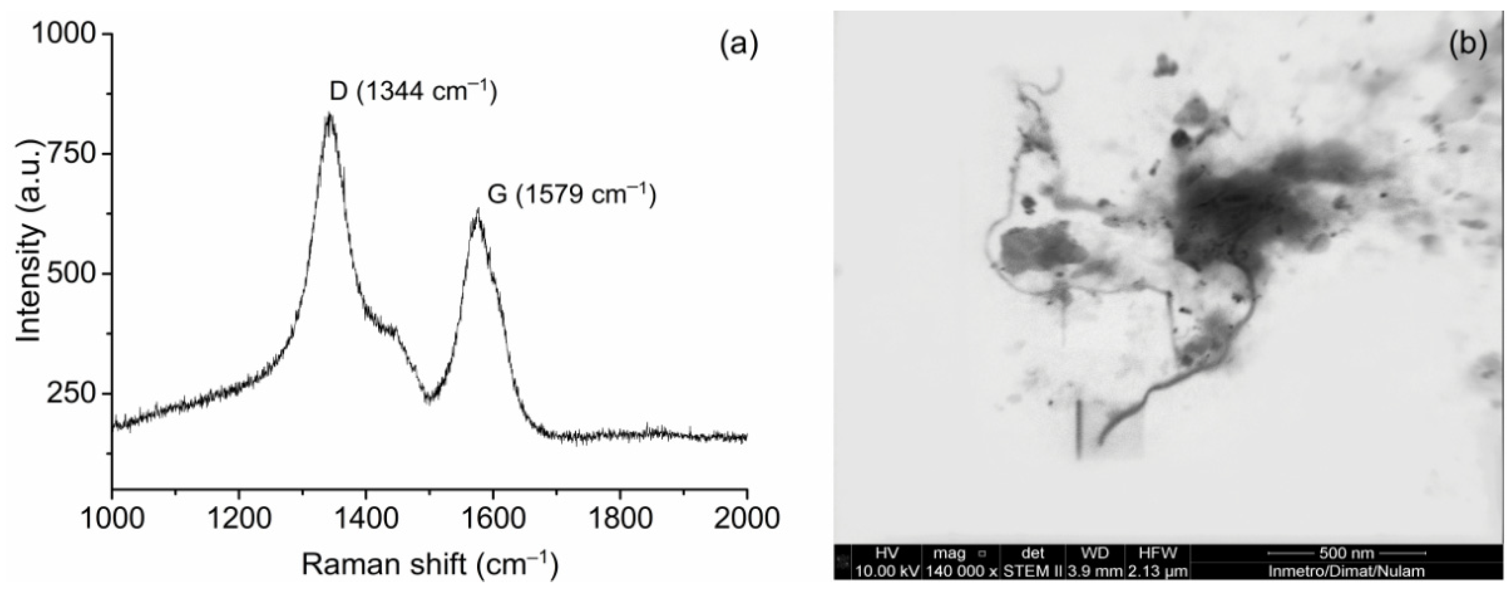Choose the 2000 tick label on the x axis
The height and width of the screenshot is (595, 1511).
pyautogui.click(x=746, y=519)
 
